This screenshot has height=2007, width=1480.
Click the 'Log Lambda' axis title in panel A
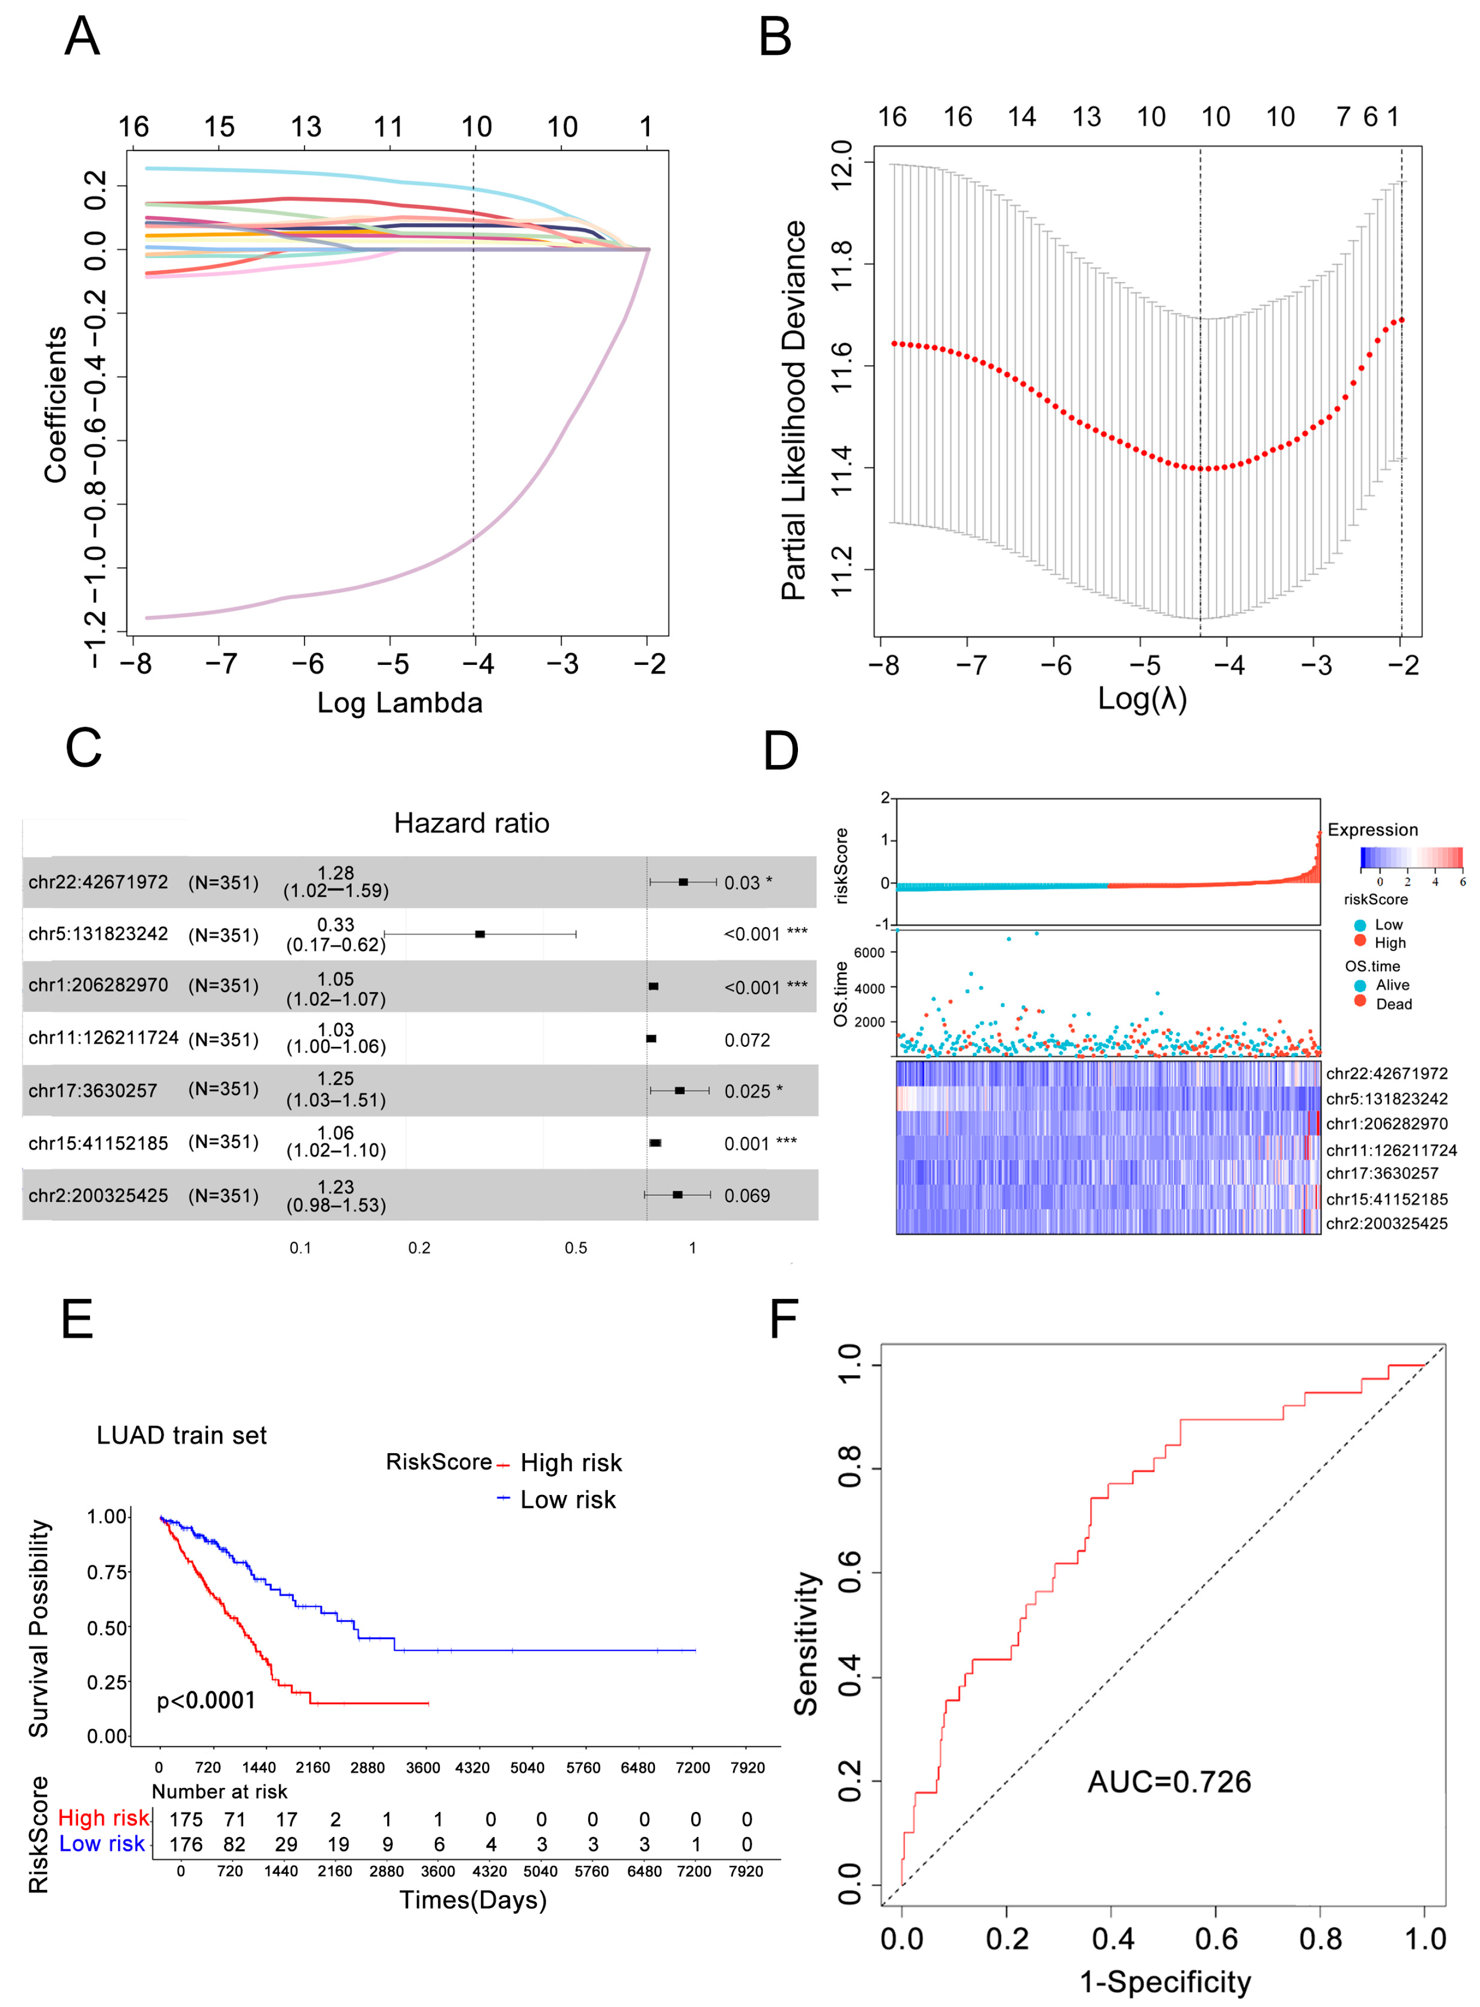coord(400,702)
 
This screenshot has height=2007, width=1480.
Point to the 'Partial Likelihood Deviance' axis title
coord(794,410)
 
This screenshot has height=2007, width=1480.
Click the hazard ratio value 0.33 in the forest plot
coord(336,924)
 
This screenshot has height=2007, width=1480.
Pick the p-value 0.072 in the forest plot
coord(747,1039)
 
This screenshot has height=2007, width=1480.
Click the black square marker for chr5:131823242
coord(480,934)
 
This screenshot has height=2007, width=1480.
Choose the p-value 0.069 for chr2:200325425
coord(747,1195)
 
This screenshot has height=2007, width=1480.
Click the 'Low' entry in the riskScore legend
coord(1388,924)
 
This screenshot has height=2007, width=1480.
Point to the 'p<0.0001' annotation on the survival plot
coord(206,1700)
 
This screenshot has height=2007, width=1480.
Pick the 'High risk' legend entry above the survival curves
coord(570,1462)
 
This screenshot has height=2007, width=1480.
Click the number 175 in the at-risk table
coord(186,1819)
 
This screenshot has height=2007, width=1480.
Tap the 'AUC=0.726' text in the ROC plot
coord(1169,1781)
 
